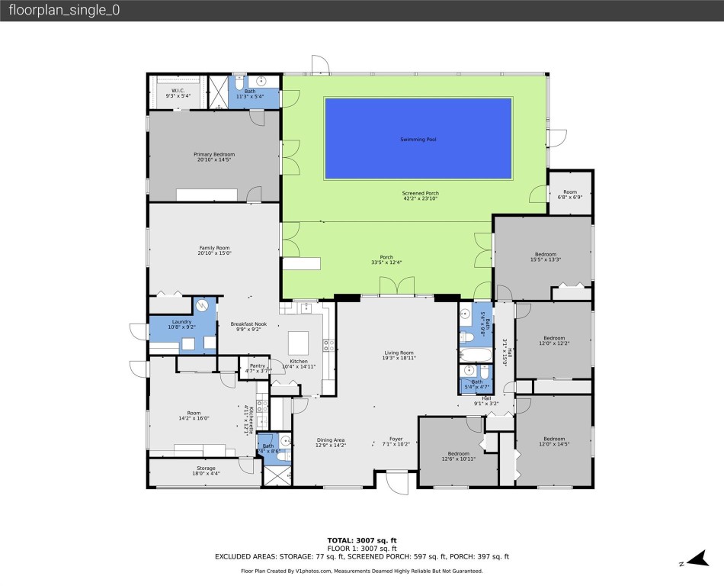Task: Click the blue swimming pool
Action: tap(418, 139)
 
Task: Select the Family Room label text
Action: tap(214, 251)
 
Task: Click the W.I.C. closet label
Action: tap(178, 93)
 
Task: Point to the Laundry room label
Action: tap(181, 324)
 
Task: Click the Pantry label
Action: tap(258, 368)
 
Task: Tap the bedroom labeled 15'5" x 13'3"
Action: tap(545, 257)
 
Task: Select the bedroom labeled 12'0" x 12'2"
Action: tap(554, 340)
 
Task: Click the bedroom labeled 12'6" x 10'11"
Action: tap(458, 456)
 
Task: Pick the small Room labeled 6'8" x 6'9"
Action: tap(570, 195)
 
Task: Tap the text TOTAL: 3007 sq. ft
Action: tap(362, 540)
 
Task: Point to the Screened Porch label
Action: tap(421, 196)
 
